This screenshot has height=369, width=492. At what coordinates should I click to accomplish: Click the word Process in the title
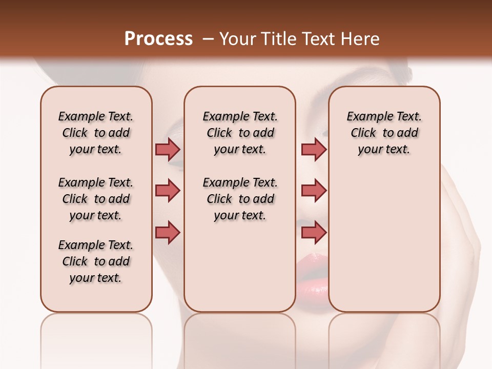click(x=158, y=39)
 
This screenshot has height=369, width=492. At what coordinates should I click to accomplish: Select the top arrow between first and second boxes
click(x=168, y=149)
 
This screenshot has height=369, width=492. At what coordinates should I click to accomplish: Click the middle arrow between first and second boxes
click(x=168, y=191)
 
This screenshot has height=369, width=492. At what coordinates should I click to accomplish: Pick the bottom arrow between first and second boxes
click(x=168, y=233)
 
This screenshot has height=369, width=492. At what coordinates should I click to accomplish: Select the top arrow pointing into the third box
click(x=314, y=149)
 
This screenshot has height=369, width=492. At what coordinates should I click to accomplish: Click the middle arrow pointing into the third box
click(x=314, y=191)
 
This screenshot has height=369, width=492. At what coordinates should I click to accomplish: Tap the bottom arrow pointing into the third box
click(x=314, y=233)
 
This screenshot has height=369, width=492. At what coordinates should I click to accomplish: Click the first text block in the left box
click(x=96, y=133)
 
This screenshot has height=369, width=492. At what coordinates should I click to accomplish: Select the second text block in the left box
click(x=96, y=199)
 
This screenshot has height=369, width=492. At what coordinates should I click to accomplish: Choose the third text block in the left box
click(x=96, y=261)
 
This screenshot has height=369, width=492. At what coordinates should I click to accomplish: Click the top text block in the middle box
click(x=240, y=133)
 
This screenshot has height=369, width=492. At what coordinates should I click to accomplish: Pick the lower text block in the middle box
click(x=240, y=199)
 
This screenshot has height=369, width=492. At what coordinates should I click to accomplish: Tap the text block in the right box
click(x=384, y=133)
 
